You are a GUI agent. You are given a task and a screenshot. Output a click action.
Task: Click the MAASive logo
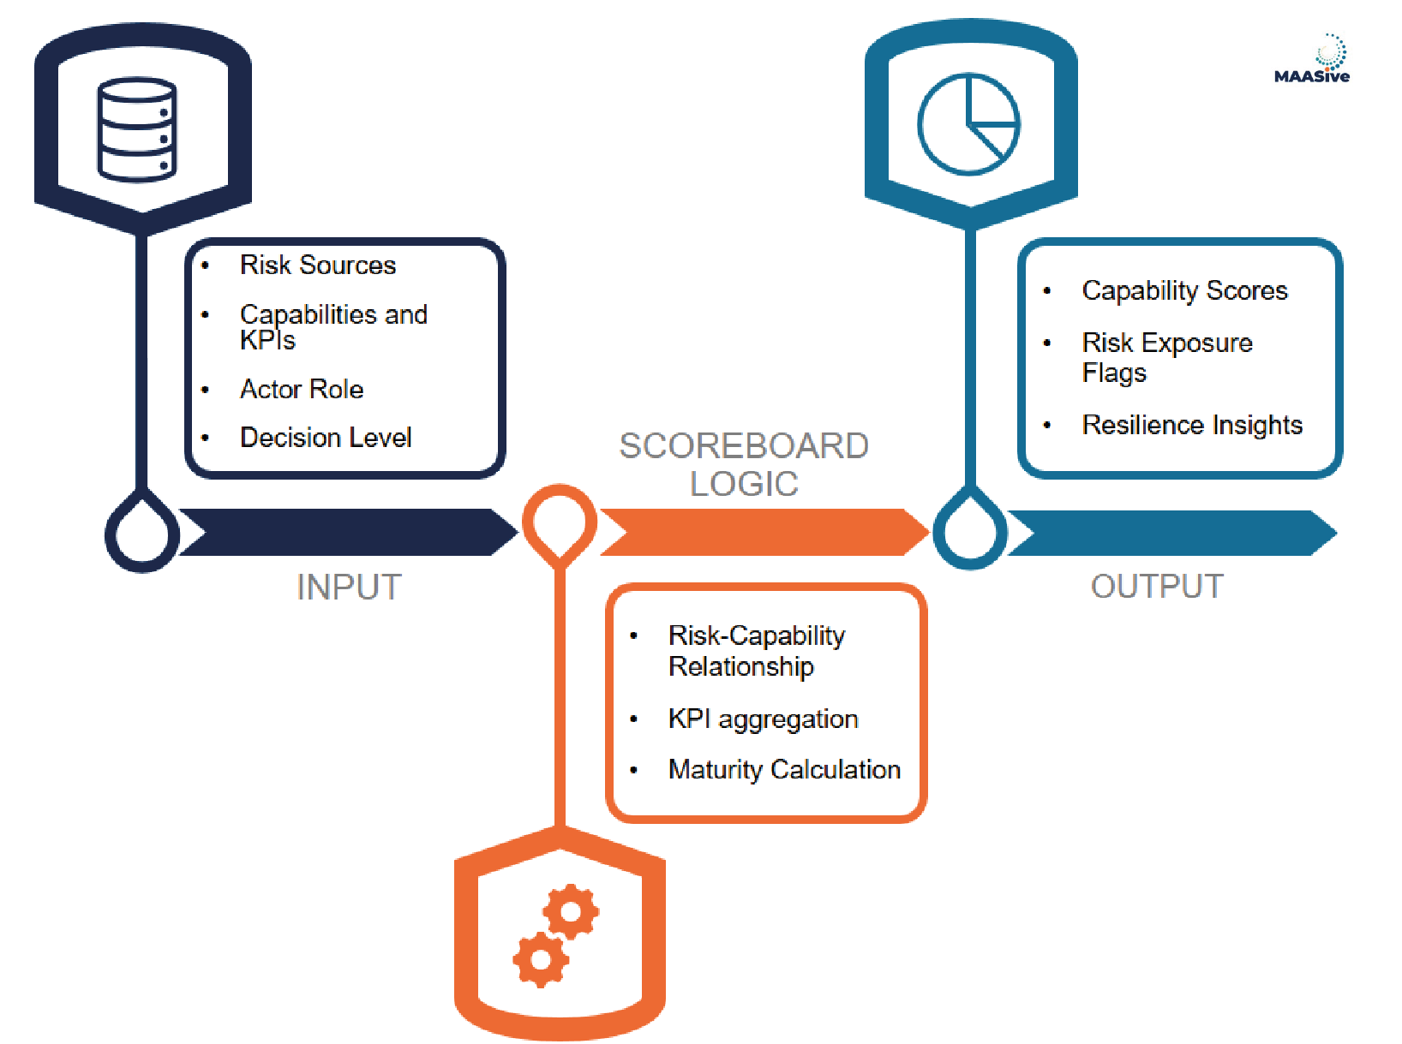pyautogui.click(x=1312, y=60)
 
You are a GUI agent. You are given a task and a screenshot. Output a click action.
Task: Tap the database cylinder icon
pyautogui.click(x=137, y=129)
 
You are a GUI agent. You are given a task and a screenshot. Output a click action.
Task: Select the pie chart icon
pyautogui.click(x=968, y=124)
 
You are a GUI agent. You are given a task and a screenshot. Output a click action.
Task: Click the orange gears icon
pyautogui.click(x=555, y=934)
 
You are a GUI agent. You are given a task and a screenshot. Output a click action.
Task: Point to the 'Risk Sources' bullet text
pyautogui.click(x=317, y=265)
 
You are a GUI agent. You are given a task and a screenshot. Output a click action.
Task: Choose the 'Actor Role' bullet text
pyautogui.click(x=302, y=390)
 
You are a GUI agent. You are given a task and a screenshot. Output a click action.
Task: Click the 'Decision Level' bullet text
pyautogui.click(x=326, y=438)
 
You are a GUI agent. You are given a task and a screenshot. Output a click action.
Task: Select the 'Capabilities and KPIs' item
pyautogui.click(x=333, y=326)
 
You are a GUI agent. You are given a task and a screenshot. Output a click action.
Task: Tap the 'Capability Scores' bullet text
pyautogui.click(x=1184, y=291)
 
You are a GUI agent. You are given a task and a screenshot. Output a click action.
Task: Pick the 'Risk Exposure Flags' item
pyautogui.click(x=1166, y=357)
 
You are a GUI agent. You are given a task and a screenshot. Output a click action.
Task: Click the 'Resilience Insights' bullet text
pyautogui.click(x=1191, y=425)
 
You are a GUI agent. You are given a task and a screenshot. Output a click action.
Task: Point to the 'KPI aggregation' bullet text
pyautogui.click(x=763, y=719)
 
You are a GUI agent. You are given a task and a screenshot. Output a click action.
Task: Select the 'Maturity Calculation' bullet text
pyautogui.click(x=784, y=770)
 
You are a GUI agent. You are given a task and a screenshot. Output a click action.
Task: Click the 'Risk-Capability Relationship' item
pyautogui.click(x=756, y=651)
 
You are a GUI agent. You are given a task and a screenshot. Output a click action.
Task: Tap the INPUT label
pyautogui.click(x=349, y=588)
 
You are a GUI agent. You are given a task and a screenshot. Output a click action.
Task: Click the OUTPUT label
pyautogui.click(x=1157, y=587)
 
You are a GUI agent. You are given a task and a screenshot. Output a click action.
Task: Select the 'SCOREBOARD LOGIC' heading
pyautogui.click(x=744, y=464)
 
